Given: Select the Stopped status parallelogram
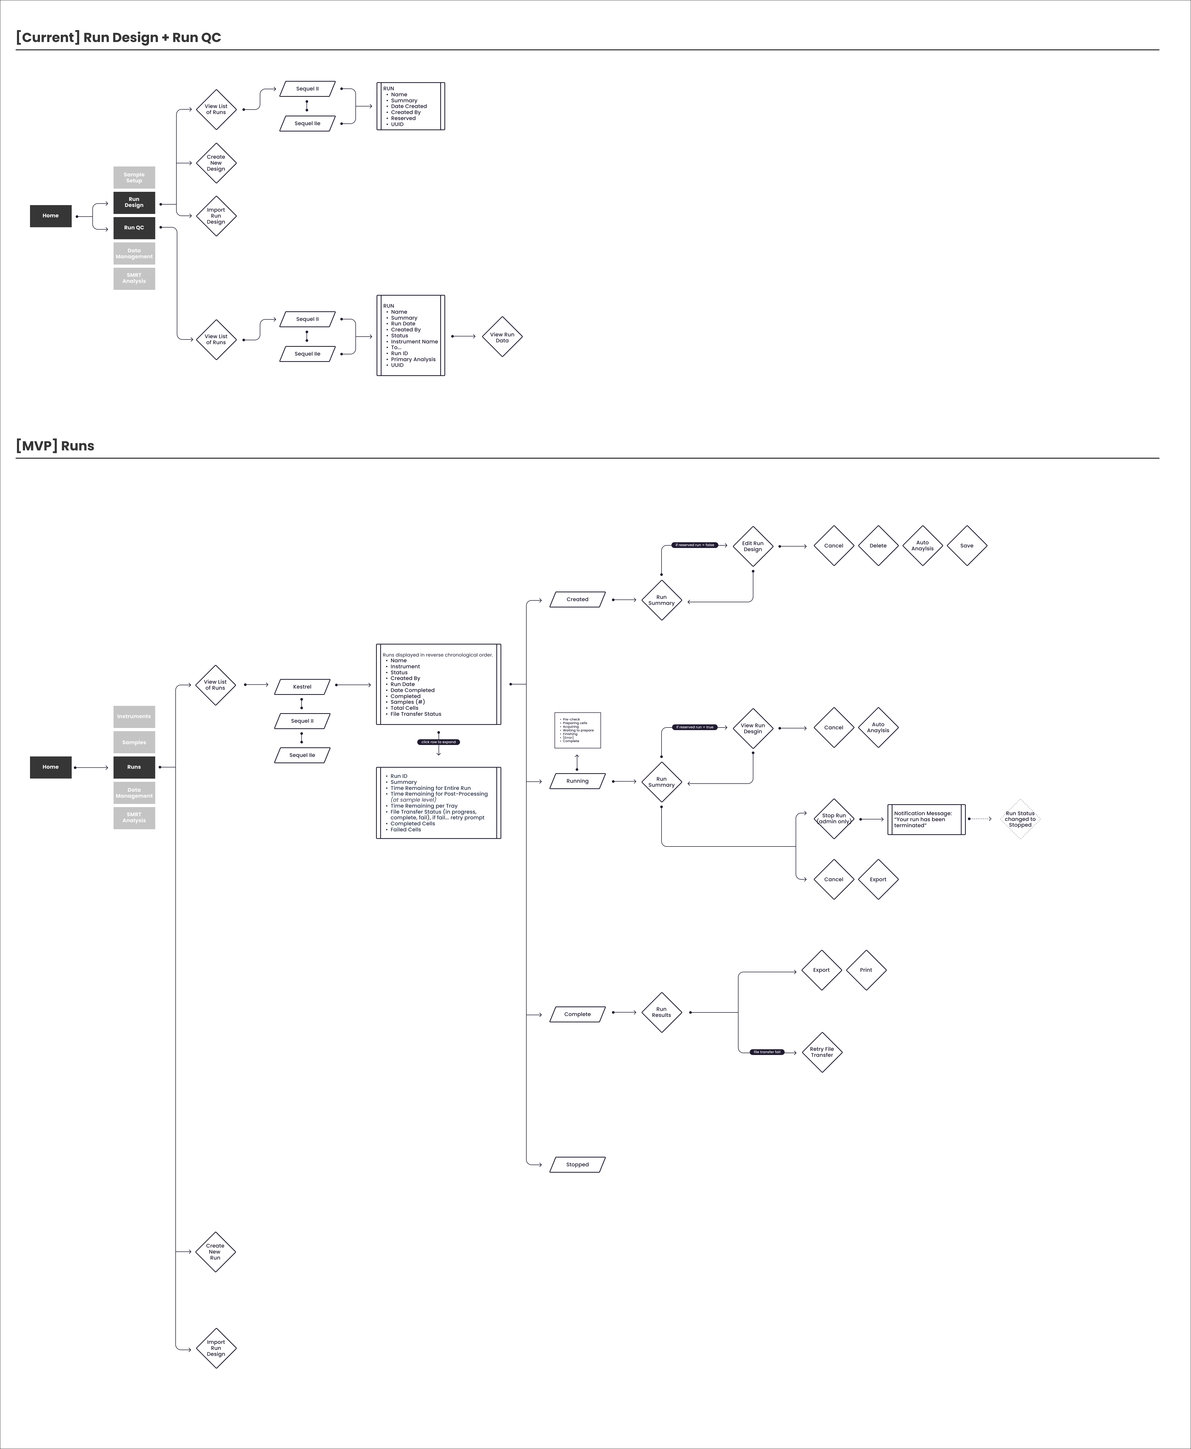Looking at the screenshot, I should (577, 1164).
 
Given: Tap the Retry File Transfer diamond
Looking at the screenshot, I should (821, 1052).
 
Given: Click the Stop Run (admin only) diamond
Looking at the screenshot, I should (833, 819).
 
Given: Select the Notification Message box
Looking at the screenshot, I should (926, 819).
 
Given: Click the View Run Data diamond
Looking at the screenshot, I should (502, 337).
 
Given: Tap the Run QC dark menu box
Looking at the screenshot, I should (134, 228).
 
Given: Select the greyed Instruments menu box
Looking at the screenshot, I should (134, 716).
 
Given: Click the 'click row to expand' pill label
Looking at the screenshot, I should (438, 742).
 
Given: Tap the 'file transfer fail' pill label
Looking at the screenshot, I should (767, 1052).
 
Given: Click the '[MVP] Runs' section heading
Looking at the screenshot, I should (55, 446).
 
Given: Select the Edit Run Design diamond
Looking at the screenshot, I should (753, 546).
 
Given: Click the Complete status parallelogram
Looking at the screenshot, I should (577, 1014).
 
